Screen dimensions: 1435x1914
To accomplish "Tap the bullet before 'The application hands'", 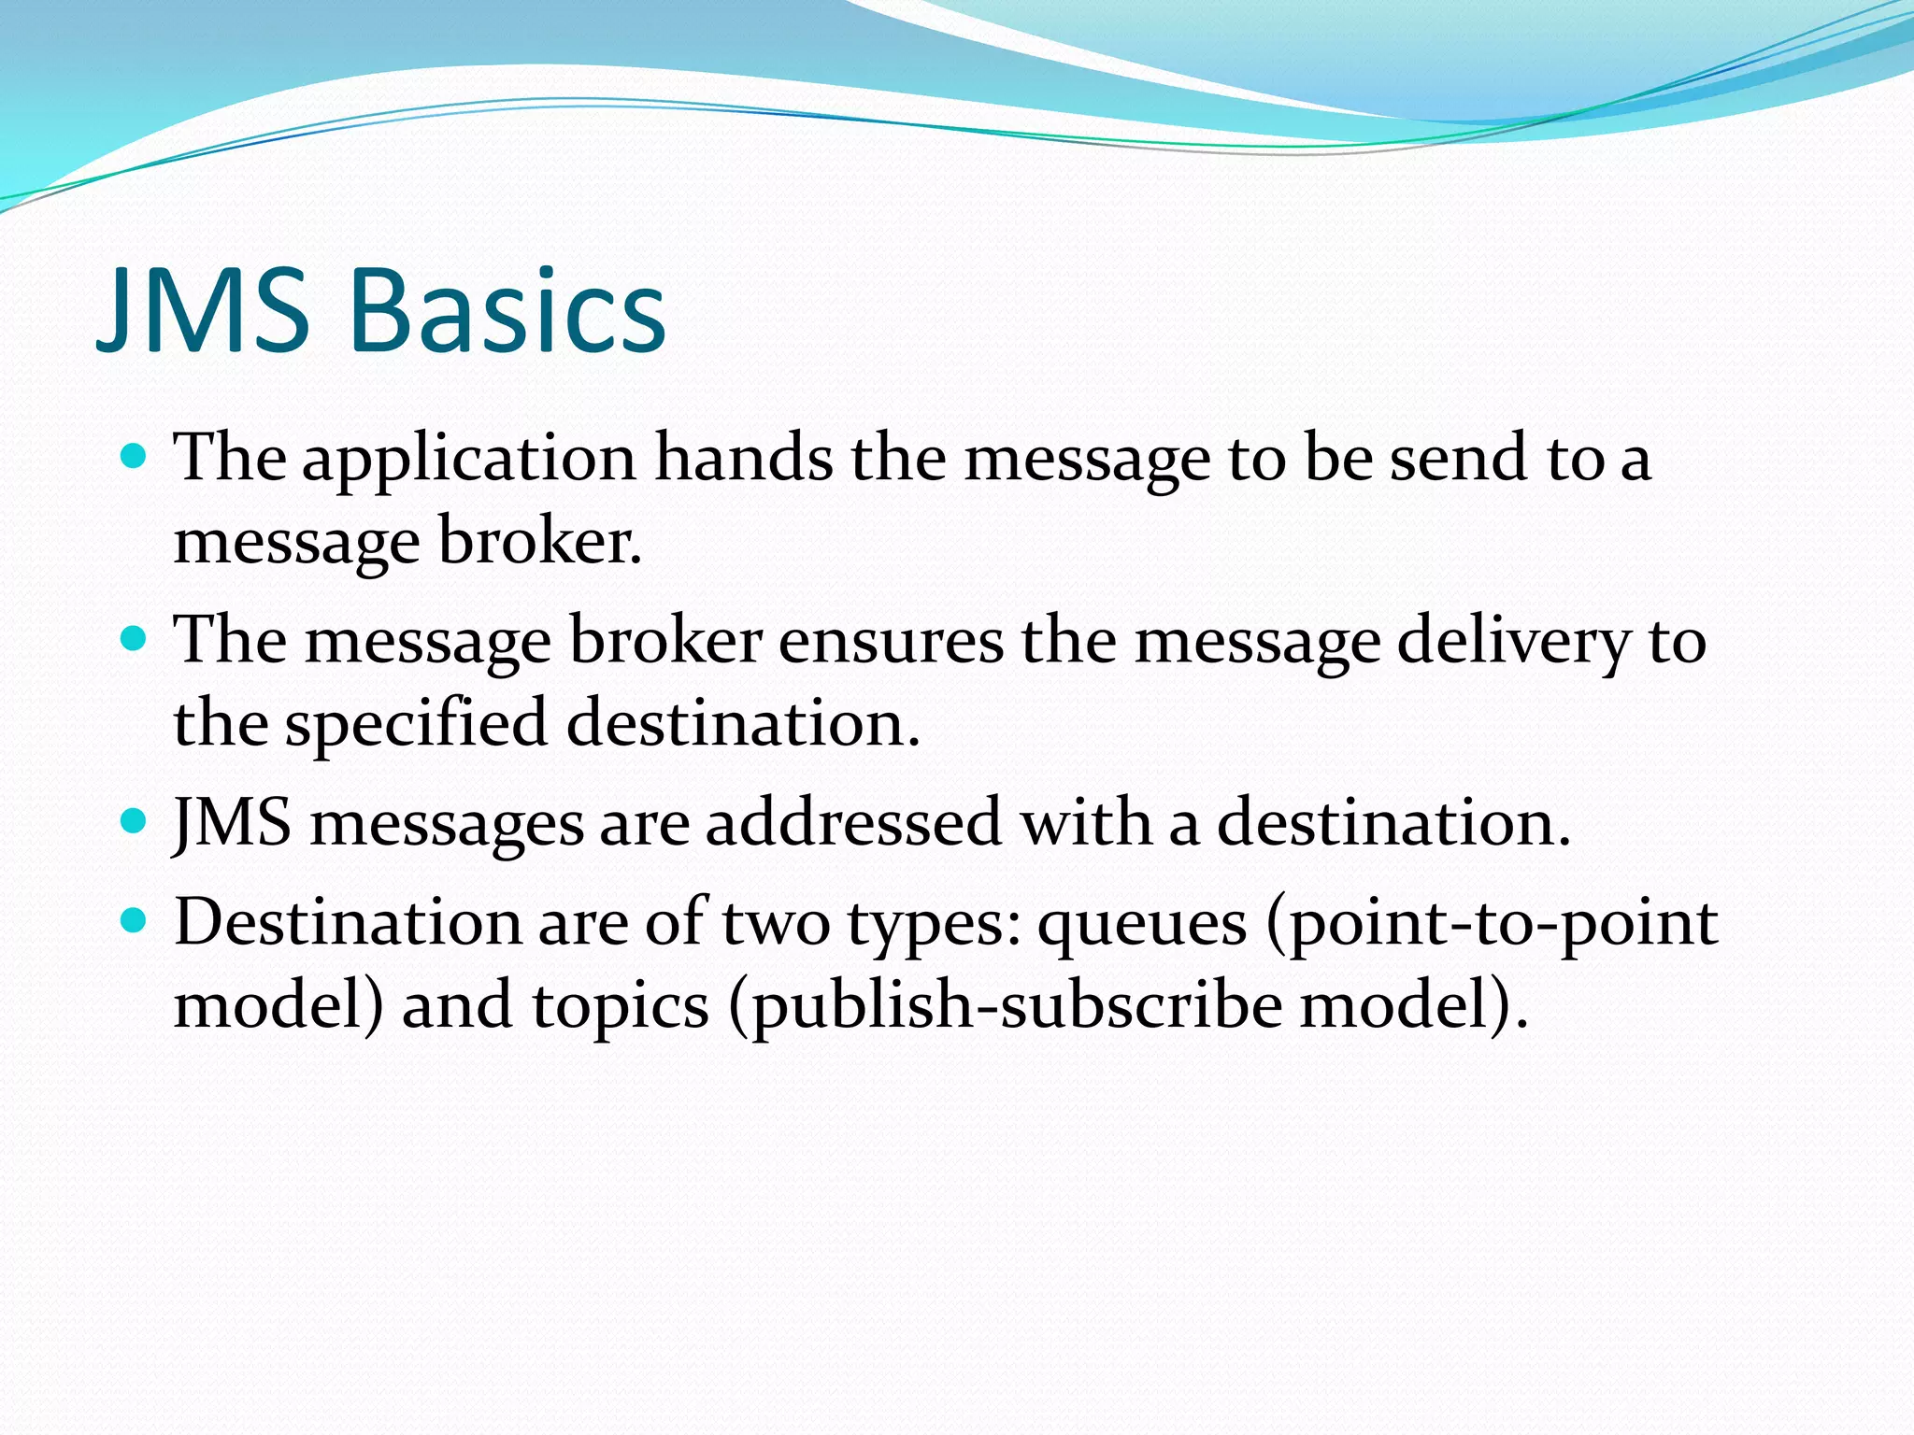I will coord(135,457).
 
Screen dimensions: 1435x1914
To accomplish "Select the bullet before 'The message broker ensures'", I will coord(135,640).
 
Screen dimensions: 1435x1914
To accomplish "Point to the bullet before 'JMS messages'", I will coord(135,822).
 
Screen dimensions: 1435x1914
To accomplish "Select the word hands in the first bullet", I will coord(743,458).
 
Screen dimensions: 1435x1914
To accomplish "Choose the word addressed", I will coord(853,823).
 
